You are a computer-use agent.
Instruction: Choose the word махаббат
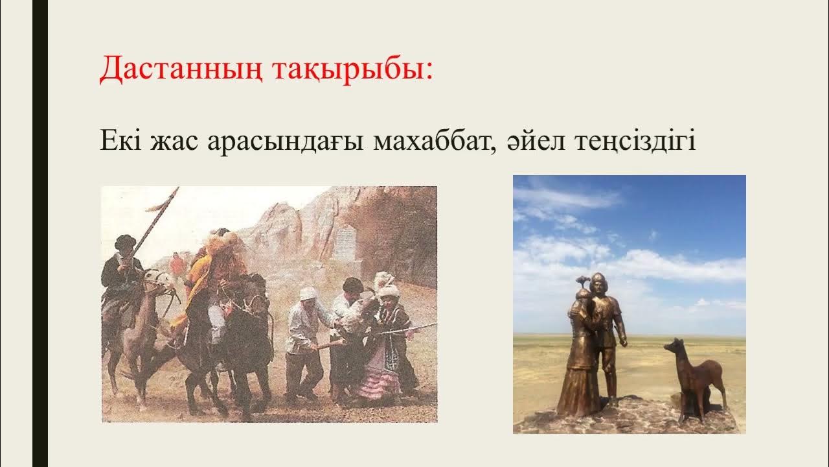click(434, 141)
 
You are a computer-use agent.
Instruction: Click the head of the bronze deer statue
click(673, 347)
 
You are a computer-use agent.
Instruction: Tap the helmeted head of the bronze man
click(598, 283)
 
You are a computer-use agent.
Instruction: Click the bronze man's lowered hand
click(622, 341)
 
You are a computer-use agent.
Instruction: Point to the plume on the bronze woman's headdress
click(580, 280)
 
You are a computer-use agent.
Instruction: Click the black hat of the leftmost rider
click(124, 241)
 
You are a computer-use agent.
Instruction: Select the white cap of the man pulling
click(308, 293)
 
